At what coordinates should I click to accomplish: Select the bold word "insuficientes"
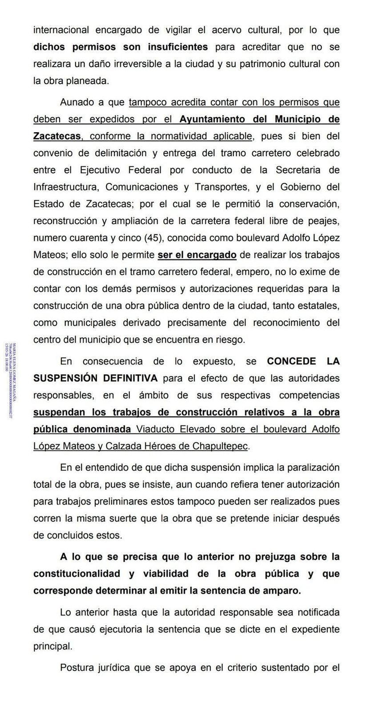pyautogui.click(x=177, y=47)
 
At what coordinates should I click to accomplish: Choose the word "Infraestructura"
pyautogui.click(x=65, y=186)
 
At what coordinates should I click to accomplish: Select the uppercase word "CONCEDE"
pyautogui.click(x=291, y=361)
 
